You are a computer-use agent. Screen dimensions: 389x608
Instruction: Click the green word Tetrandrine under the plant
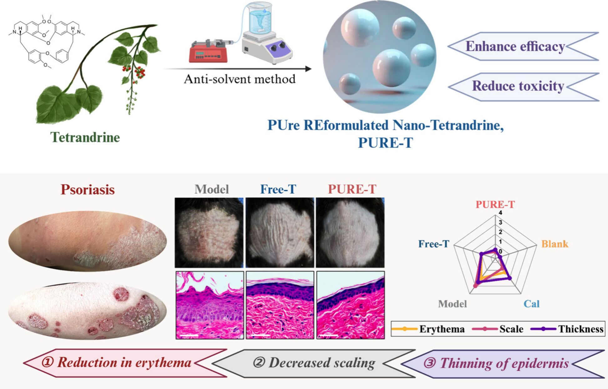[85, 137]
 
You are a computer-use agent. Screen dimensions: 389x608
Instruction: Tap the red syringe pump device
[208, 52]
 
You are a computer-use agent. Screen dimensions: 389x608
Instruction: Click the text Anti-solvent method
[240, 79]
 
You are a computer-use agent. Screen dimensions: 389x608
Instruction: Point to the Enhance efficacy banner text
[515, 47]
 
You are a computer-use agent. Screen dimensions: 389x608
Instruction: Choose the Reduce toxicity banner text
[518, 86]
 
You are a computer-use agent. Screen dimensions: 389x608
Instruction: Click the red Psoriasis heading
[88, 190]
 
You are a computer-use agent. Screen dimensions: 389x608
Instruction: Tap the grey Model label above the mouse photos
[212, 189]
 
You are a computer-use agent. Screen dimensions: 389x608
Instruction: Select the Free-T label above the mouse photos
[278, 189]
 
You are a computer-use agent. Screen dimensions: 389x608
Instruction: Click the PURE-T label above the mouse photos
[352, 189]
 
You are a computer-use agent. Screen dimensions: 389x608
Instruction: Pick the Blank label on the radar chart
[555, 244]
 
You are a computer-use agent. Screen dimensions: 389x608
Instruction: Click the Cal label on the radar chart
[531, 304]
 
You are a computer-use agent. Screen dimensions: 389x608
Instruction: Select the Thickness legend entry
[581, 329]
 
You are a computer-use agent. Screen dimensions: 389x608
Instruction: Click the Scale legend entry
[511, 329]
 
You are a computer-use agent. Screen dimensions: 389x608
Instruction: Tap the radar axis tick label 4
[500, 213]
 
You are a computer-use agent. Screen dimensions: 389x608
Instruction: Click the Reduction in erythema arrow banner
[124, 362]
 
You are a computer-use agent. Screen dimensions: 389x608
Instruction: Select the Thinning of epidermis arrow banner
[504, 363]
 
